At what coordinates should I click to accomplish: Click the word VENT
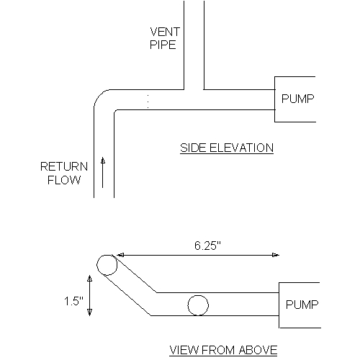165,32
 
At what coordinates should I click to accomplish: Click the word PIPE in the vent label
163,45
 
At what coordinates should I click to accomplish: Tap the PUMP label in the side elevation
297,99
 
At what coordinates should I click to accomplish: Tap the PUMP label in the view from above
302,305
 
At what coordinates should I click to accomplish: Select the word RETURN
64,166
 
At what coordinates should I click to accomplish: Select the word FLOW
64,180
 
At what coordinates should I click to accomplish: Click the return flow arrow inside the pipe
103,172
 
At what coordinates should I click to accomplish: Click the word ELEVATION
241,148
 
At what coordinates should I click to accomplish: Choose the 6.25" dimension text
207,246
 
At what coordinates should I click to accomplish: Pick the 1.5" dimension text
73,301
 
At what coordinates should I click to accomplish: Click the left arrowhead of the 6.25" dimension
120,255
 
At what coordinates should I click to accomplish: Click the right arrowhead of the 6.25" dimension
276,255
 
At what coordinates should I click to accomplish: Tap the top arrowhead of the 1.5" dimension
89,279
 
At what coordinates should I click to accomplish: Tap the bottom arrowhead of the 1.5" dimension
89,312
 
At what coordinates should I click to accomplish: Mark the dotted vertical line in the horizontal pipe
148,102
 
